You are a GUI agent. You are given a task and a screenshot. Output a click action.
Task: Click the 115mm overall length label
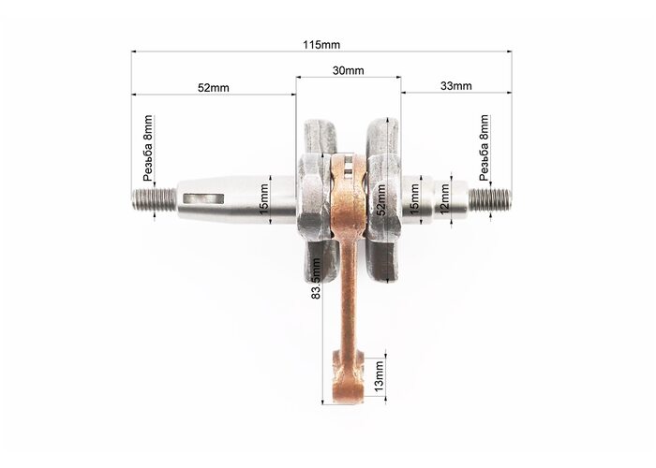321,44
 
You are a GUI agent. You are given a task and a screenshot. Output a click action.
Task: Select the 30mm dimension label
348,70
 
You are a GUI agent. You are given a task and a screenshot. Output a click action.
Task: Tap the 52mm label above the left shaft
214,88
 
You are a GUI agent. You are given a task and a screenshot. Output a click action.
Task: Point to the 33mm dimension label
456,86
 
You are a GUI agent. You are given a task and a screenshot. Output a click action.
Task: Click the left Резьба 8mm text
148,148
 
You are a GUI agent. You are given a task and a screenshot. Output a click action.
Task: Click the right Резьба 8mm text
485,148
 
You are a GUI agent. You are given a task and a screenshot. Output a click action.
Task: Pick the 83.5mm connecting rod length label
317,279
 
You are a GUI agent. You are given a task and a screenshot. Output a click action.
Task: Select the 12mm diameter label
444,199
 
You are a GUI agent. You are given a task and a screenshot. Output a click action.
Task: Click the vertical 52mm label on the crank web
381,199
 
